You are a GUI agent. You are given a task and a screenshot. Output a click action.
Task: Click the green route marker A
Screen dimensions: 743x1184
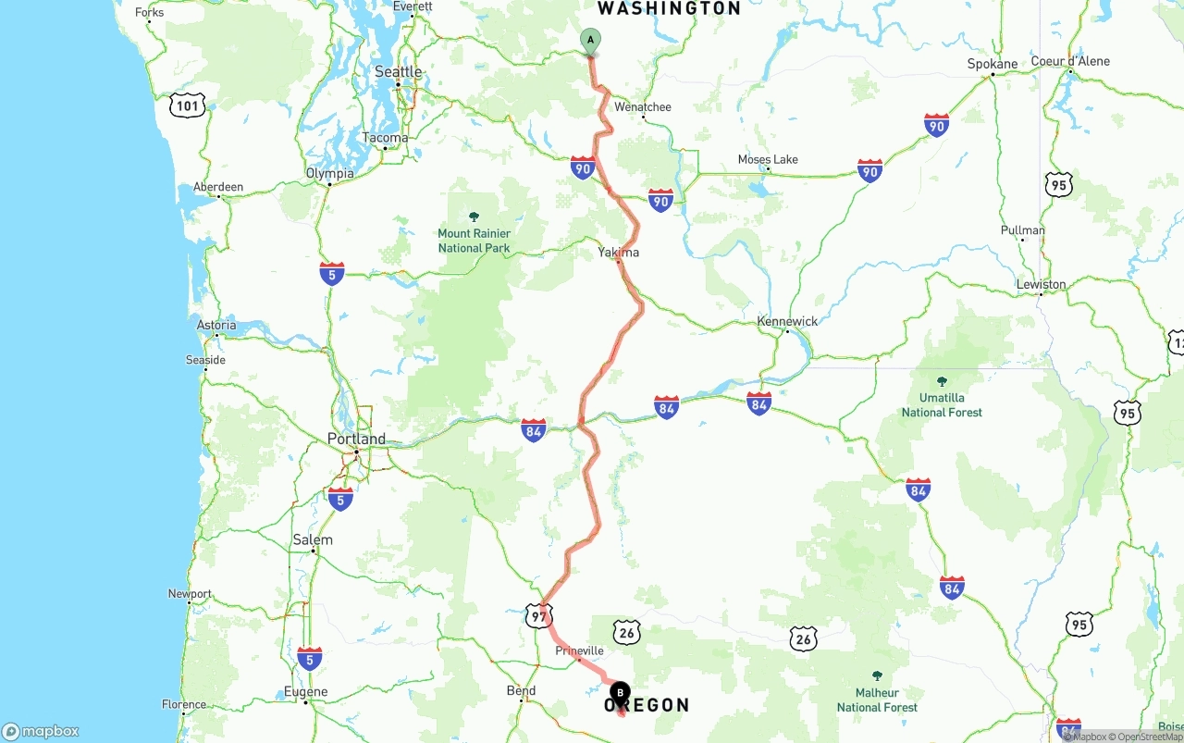(590, 41)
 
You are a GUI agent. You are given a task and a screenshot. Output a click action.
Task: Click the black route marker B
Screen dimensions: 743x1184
(620, 692)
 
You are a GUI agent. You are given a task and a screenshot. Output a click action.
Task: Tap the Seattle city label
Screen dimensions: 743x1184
(398, 72)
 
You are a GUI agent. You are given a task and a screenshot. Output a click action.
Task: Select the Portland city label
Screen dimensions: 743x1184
(356, 439)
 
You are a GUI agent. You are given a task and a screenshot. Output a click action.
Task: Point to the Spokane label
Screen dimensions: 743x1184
(992, 64)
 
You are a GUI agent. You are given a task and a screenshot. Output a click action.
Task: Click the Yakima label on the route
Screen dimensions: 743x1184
(618, 252)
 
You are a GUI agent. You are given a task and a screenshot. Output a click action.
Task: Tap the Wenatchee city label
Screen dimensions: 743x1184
(643, 107)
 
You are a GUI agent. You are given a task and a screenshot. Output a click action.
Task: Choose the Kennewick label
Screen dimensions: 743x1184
(787, 321)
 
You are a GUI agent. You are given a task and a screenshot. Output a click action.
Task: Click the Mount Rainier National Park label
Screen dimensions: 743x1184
(474, 241)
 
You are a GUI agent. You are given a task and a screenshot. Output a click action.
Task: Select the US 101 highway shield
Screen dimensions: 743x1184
(188, 105)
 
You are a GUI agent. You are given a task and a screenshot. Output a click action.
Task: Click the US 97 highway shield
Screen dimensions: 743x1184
(538, 615)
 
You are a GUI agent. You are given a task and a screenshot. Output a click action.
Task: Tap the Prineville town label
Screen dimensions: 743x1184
(579, 650)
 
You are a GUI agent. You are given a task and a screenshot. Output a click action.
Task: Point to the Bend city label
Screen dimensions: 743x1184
(521, 690)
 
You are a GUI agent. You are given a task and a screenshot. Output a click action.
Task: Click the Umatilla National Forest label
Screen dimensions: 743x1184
(942, 404)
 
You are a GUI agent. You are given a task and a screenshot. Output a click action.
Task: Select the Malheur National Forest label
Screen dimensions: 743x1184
(877, 700)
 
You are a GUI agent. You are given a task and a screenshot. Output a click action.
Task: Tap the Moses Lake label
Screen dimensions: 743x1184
(768, 159)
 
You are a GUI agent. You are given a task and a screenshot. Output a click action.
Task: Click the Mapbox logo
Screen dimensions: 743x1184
(41, 731)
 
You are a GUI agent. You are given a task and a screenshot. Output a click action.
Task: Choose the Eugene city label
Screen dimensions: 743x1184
(306, 691)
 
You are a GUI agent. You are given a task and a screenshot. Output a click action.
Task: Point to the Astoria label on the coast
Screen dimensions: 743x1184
(216, 325)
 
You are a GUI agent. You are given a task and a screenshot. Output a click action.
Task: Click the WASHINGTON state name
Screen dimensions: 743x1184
(669, 8)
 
